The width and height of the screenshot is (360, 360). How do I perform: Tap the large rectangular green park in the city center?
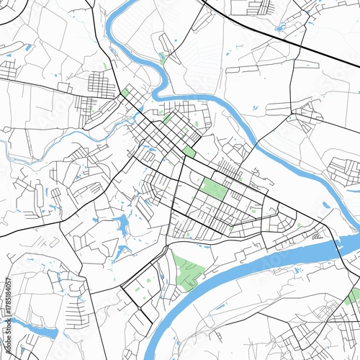215,189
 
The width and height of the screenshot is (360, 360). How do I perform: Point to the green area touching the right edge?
353,296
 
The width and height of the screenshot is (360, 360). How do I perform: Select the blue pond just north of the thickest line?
281,27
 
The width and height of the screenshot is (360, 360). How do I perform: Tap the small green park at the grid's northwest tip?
126,92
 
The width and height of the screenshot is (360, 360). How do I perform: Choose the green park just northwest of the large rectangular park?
189,151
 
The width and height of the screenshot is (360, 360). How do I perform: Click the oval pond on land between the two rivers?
325,204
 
